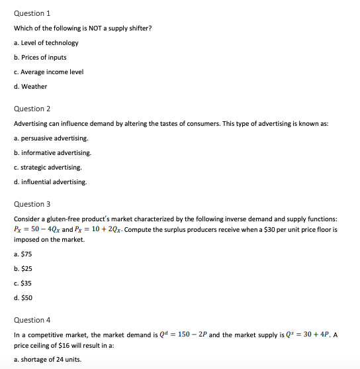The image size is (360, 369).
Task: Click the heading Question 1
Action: pyautogui.click(x=32, y=13)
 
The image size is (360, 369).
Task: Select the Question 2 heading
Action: pyautogui.click(x=32, y=109)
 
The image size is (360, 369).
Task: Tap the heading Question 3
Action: pyautogui.click(x=32, y=204)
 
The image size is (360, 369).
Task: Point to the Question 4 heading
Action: pyautogui.click(x=32, y=320)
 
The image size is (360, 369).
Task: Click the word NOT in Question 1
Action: pyautogui.click(x=86, y=28)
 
